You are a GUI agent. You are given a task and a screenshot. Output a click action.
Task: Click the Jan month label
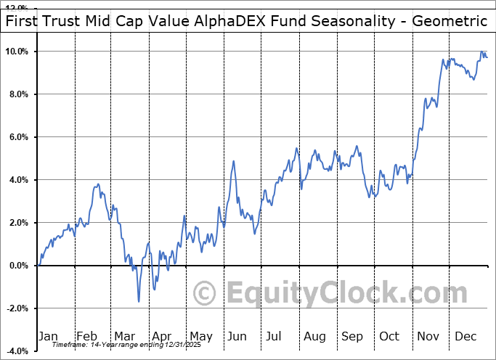48,336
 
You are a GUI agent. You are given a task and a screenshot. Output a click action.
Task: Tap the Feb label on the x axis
86,336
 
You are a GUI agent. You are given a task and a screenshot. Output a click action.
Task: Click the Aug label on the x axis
314,336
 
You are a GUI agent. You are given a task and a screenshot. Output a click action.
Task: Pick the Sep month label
352,336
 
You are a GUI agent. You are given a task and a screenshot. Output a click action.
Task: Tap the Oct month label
389,336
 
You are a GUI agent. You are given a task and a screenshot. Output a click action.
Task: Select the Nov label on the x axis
428,336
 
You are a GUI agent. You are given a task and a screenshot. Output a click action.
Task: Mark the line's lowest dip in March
138,301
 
